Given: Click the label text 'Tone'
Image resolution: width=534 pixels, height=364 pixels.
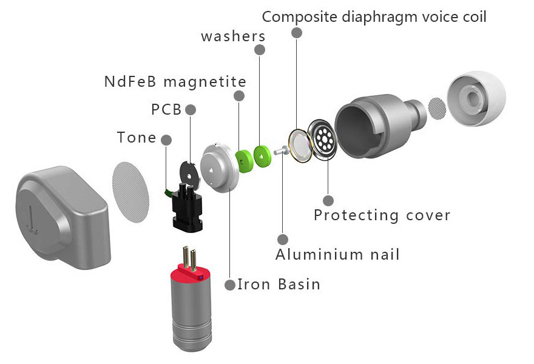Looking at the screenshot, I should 137,138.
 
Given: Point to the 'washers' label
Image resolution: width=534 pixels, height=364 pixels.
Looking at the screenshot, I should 233,36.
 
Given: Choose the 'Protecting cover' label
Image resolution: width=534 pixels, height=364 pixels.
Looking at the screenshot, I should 382,215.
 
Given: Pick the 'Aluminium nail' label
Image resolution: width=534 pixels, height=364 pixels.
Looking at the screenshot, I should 337,254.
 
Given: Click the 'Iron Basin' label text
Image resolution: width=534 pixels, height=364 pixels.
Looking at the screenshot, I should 279,284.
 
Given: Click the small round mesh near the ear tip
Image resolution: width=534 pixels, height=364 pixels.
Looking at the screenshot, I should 438,107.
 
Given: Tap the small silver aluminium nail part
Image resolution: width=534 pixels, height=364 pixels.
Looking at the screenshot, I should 280,151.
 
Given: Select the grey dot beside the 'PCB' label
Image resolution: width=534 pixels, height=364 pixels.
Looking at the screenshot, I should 191,110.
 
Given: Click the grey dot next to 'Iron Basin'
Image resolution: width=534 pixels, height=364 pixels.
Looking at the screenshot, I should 229,285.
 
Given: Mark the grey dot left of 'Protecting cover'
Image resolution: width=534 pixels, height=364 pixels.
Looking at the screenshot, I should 328,200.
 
